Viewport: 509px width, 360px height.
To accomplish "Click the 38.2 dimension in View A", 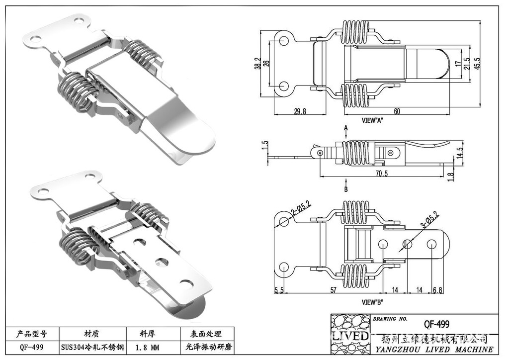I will point(257,63).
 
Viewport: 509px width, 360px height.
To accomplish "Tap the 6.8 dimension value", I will point(437,290).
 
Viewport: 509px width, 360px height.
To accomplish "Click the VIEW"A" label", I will point(373,120).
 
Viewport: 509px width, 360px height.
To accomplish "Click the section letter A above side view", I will point(345,128).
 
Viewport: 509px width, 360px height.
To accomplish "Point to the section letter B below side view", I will point(345,189).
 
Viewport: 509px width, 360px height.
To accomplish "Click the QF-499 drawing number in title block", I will point(436,324).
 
